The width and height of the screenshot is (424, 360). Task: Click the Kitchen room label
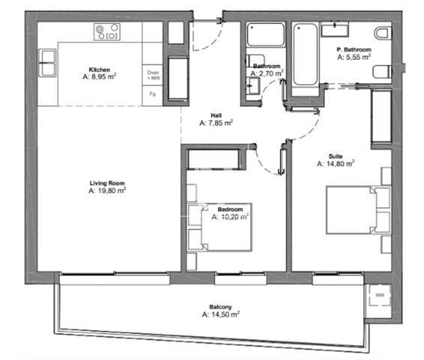tap(100, 70)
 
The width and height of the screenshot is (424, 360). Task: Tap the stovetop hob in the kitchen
tap(107, 32)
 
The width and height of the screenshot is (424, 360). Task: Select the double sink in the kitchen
tap(48, 63)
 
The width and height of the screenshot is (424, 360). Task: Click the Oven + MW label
tap(153, 75)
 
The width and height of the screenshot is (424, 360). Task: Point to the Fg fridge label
tap(153, 94)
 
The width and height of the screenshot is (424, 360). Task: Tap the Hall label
tap(216, 115)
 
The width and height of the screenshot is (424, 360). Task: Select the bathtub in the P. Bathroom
tap(305, 55)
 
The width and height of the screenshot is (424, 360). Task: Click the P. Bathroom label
tap(354, 49)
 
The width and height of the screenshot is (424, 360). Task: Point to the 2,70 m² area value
tap(267, 73)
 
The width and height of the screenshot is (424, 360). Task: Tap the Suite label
tap(336, 156)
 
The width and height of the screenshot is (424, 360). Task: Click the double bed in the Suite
tap(358, 210)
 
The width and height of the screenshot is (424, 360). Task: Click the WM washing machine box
tap(380, 295)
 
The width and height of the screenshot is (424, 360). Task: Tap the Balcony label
tap(221, 307)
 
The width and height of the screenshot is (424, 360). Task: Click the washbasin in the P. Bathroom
tap(335, 29)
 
